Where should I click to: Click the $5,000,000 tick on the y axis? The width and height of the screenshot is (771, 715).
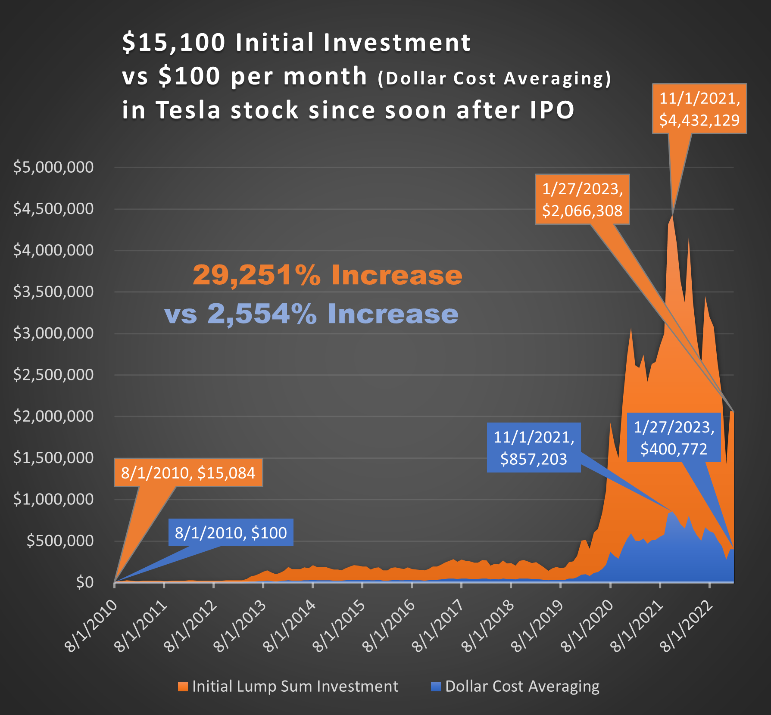pos(53,167)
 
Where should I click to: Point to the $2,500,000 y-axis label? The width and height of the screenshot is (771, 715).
pos(53,375)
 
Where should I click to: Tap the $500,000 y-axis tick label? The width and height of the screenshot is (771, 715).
pos(60,541)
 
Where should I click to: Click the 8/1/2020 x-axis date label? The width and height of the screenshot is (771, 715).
pos(587,627)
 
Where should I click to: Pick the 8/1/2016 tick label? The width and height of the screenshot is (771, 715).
pos(389,627)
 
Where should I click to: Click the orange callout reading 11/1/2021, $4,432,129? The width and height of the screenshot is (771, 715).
pos(699,109)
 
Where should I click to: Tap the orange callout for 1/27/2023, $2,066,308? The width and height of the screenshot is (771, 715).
pos(582,199)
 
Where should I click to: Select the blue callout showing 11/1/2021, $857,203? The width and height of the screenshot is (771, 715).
pos(534,448)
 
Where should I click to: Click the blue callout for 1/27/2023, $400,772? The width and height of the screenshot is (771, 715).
pos(674,438)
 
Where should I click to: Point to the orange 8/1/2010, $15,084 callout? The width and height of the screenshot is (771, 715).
pos(188,473)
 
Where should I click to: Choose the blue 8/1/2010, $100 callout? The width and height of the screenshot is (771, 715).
pos(231,533)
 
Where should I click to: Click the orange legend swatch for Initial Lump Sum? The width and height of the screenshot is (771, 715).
pos(183,687)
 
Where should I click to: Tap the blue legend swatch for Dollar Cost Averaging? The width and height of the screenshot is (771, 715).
pos(436,687)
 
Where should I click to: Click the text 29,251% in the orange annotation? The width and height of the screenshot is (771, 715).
pos(257,275)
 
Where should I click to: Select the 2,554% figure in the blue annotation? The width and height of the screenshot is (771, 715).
pos(262,314)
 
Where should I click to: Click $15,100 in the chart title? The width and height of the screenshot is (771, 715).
pos(174,43)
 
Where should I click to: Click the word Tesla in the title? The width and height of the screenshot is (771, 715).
pos(188,110)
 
